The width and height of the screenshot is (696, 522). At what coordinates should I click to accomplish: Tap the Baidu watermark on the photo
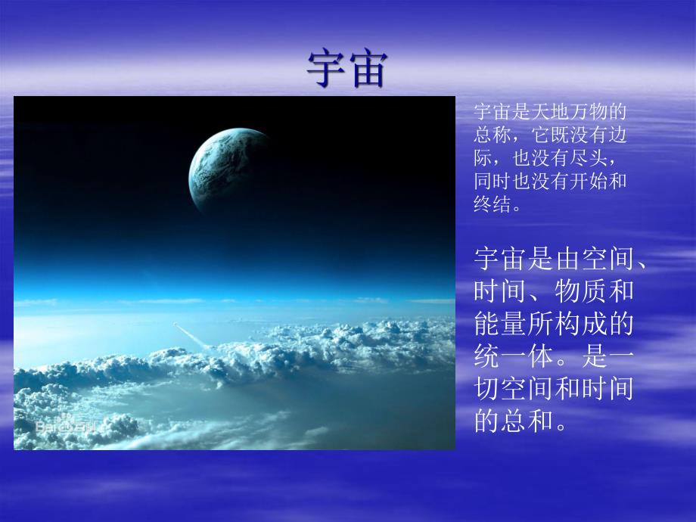tap(67, 427)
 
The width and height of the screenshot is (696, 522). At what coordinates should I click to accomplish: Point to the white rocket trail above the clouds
tap(190, 336)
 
